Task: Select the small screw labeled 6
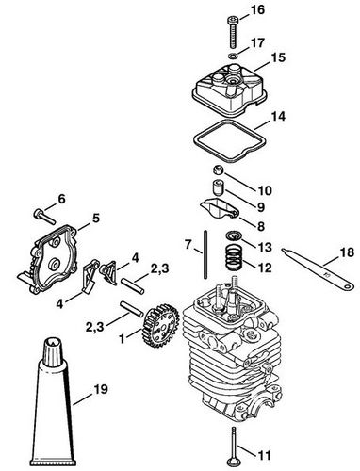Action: pyautogui.click(x=40, y=209)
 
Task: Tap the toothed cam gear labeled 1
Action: pyautogui.click(x=155, y=329)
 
